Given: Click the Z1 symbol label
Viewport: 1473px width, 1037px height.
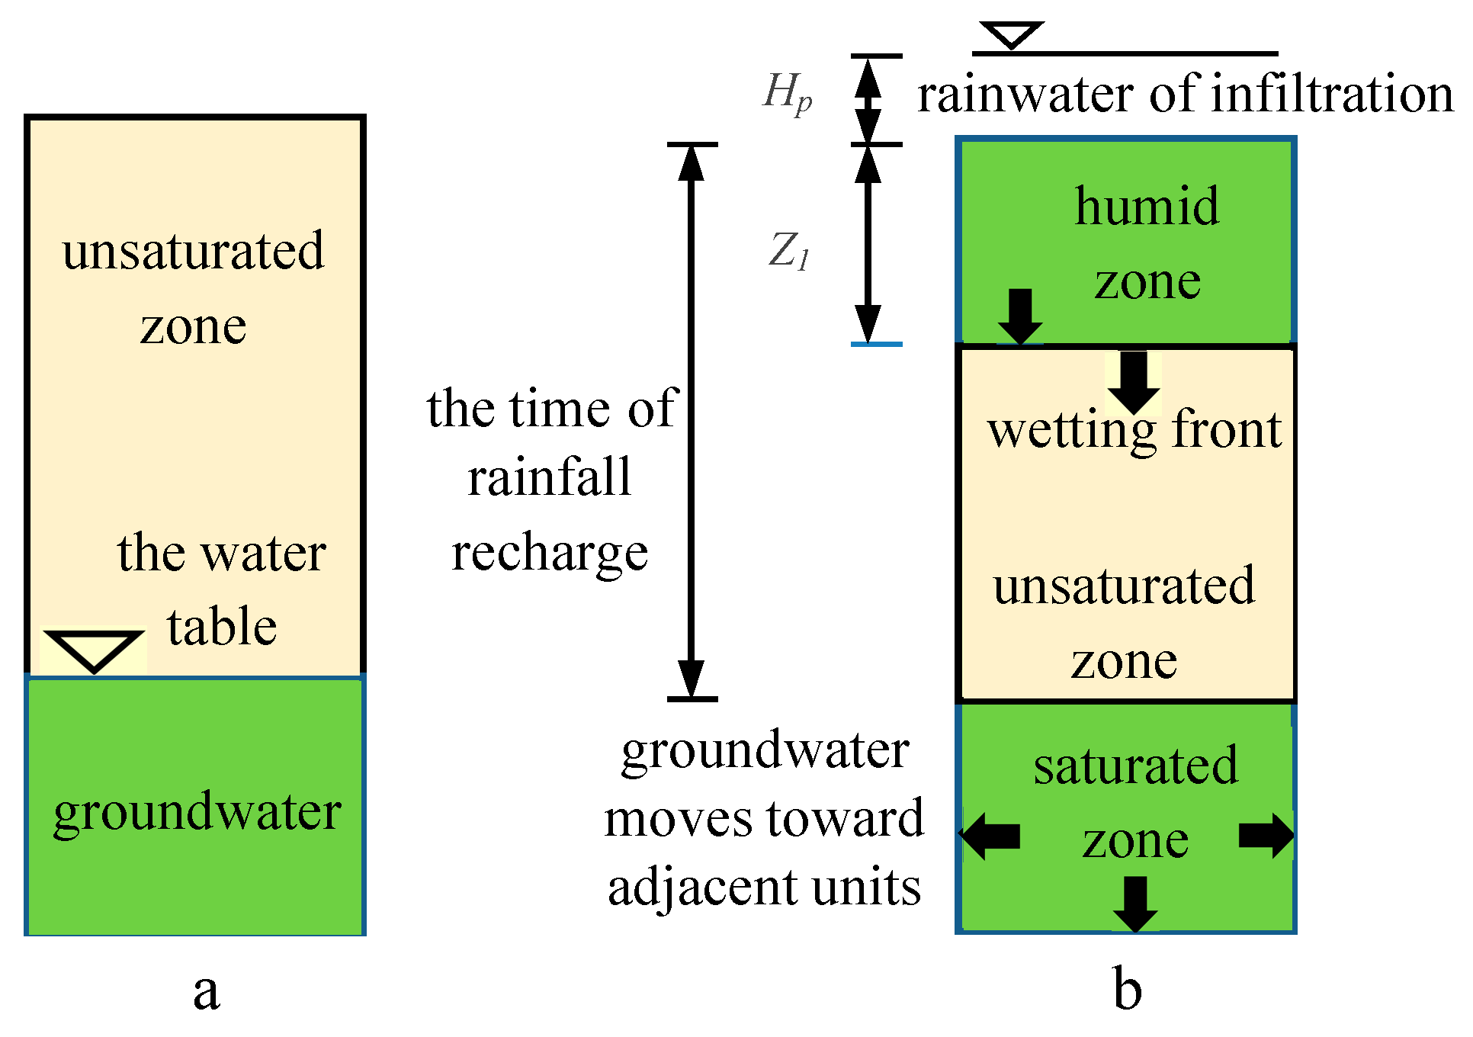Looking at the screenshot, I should coord(788,251).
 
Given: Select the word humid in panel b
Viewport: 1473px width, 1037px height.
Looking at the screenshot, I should coord(1147,207).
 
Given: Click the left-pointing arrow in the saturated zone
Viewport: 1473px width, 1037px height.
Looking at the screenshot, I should coord(990,836).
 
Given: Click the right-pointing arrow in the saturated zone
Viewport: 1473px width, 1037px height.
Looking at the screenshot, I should coord(1266,836).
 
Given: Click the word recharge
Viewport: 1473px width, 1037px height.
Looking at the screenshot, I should coord(550,554).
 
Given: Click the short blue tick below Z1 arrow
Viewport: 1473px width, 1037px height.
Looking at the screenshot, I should coord(876,345).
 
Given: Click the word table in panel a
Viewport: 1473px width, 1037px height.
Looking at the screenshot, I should coord(222,628).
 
